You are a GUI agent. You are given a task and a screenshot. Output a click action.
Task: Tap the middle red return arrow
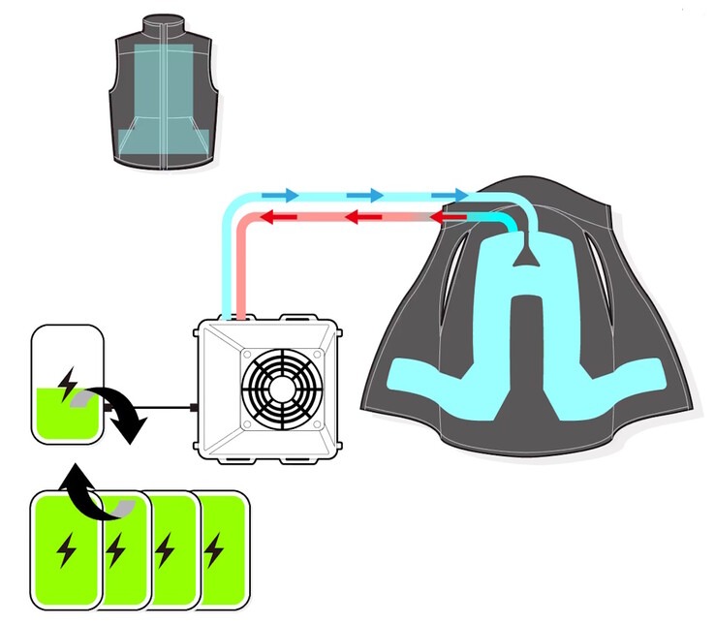click(x=361, y=218)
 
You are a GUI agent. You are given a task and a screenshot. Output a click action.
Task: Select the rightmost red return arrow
click(x=447, y=218)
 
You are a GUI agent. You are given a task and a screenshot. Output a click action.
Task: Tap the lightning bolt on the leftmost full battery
click(x=67, y=549)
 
